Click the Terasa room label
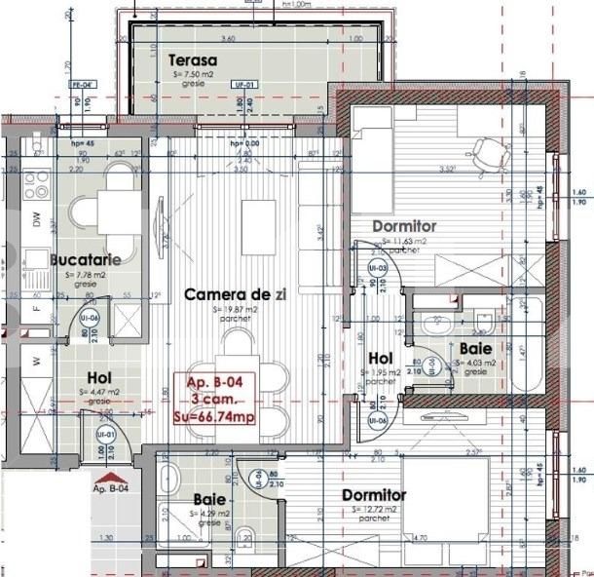(x=192, y=59)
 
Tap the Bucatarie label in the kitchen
(x=86, y=260)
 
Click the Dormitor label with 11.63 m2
(x=405, y=226)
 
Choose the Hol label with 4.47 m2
(x=99, y=378)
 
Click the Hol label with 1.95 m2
(x=381, y=358)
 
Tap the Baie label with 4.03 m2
(x=475, y=347)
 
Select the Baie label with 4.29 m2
(x=209, y=499)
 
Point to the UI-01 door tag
(x=106, y=435)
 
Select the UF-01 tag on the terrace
(x=243, y=85)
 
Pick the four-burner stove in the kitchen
(x=36, y=181)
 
